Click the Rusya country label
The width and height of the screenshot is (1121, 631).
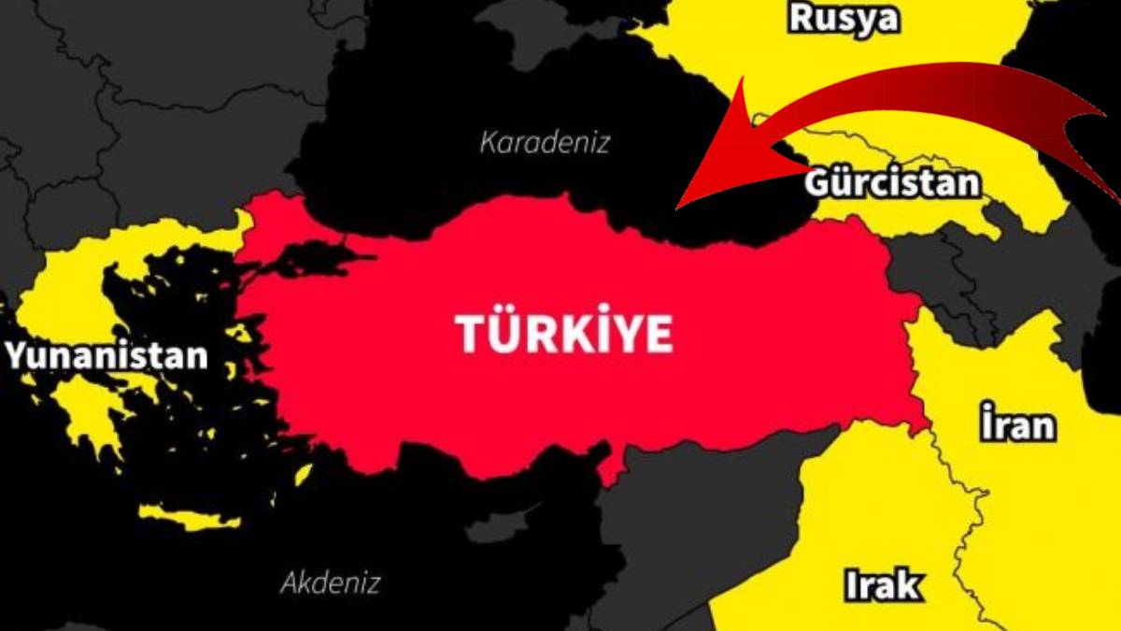click(x=844, y=19)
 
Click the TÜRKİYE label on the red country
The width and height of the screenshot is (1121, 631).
click(x=564, y=333)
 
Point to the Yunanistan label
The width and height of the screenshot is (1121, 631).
click(x=106, y=356)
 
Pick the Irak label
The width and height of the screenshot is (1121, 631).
click(x=882, y=585)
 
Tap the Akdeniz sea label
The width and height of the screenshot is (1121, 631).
click(x=331, y=584)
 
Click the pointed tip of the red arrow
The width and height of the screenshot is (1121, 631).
click(x=680, y=203)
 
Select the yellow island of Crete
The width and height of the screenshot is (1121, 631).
click(x=177, y=516)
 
